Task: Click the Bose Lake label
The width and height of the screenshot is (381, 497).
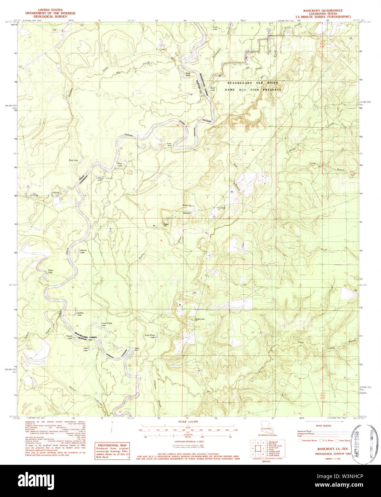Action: (73, 160)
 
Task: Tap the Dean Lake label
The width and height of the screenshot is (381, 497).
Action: (120, 165)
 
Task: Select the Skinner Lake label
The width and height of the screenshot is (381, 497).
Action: (83, 251)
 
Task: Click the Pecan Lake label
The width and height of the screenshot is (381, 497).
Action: (50, 271)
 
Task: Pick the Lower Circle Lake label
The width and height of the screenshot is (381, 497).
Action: (107, 324)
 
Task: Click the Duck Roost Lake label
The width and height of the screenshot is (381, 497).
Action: (150, 336)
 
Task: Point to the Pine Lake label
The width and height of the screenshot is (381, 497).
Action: (86, 349)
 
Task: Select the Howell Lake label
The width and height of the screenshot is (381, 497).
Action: (69, 337)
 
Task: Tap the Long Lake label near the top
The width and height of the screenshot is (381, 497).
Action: (215, 28)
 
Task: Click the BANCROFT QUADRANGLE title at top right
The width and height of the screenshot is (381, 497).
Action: (323, 11)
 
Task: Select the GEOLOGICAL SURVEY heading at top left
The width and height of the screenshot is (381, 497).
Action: (50, 16)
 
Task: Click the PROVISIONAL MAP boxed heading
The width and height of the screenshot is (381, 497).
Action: (112, 445)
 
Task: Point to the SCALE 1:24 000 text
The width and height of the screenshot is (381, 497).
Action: (188, 422)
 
